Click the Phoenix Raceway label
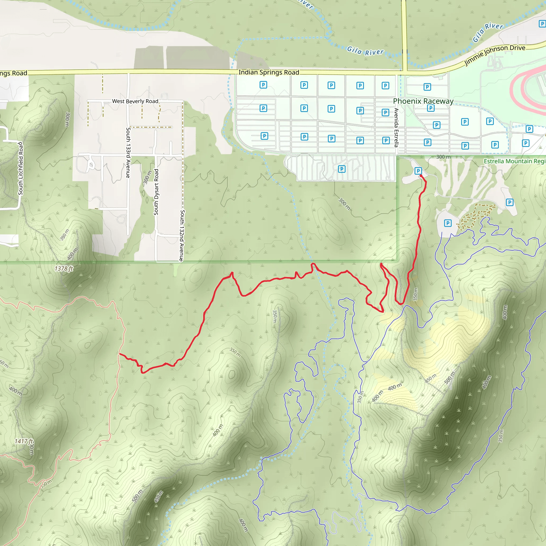(423, 101)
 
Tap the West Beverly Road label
(135, 101)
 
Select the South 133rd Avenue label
(128, 152)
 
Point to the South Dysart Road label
(156, 192)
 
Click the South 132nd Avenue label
(182, 235)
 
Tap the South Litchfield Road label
(21, 169)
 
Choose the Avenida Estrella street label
(396, 127)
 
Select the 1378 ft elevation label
(64, 268)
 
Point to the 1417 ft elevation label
(24, 441)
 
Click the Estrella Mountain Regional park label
(514, 161)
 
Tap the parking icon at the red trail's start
(418, 171)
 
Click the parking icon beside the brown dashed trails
(448, 223)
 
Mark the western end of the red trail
(120, 354)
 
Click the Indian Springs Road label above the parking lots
(268, 72)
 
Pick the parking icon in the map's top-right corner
(542, 24)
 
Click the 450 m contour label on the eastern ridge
(431, 378)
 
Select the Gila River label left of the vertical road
(365, 51)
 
